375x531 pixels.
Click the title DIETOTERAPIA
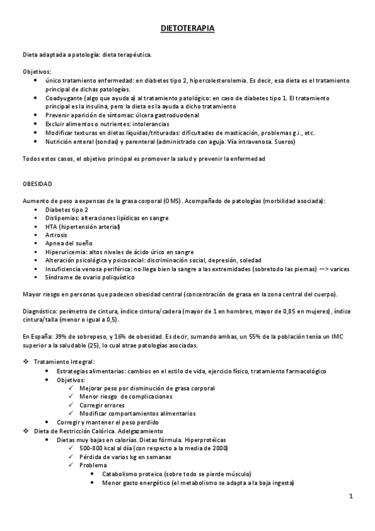coord(187,29)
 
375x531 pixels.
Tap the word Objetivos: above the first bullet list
coord(37,72)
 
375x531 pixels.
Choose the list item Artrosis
coord(57,235)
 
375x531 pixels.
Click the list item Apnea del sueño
coord(68,244)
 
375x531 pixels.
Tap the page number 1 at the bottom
coord(352,497)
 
